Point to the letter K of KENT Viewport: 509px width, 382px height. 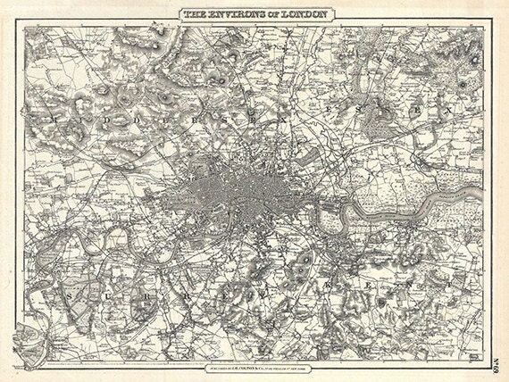(333, 284)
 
